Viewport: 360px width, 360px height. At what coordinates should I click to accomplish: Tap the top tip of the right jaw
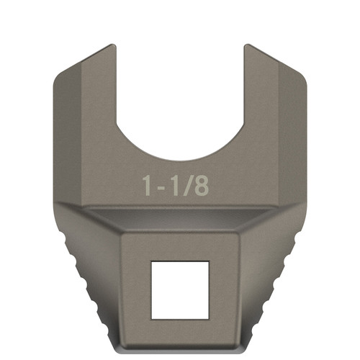(247, 47)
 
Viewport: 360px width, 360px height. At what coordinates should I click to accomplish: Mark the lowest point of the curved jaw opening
(179, 161)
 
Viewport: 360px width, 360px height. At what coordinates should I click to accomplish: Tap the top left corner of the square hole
(150, 262)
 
